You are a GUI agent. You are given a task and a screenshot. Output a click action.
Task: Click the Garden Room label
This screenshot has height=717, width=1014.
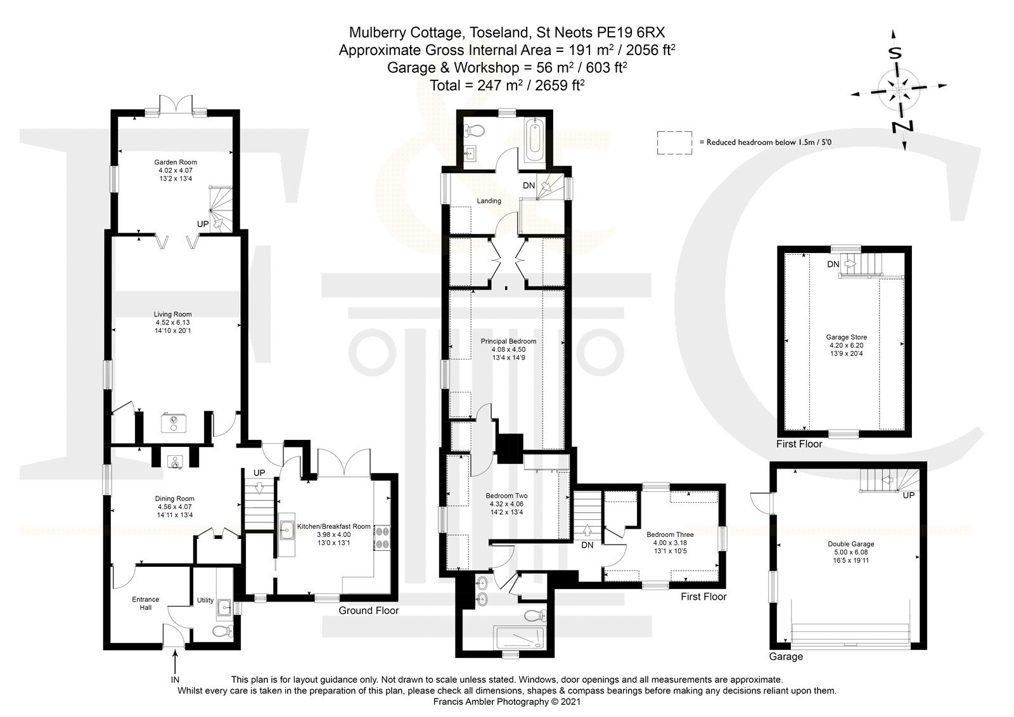point(175,162)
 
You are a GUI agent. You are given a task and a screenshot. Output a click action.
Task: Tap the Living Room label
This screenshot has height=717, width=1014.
point(172,314)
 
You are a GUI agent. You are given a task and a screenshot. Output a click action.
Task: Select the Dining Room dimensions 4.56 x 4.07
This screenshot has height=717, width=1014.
point(175,507)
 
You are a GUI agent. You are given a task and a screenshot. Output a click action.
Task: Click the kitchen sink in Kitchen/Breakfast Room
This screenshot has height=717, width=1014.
point(286,529)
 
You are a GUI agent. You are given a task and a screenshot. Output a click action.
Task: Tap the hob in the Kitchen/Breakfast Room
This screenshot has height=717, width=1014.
point(382,538)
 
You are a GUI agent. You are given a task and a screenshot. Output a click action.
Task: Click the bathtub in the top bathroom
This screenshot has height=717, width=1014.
point(534,139)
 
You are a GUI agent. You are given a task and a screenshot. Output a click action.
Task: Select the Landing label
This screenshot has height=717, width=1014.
point(489,201)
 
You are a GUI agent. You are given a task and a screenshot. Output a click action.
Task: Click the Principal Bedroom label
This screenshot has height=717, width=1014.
point(508,342)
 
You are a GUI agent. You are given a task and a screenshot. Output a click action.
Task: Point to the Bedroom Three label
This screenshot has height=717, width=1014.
point(670,534)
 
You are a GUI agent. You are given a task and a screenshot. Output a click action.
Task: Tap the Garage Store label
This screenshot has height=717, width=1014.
point(847,337)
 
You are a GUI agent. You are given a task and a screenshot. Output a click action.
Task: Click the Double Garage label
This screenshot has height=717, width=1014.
point(851,544)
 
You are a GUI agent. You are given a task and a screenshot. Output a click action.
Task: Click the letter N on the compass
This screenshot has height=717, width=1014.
point(902,127)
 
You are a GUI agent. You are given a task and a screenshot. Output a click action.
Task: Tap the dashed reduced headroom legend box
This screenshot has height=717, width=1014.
point(674,143)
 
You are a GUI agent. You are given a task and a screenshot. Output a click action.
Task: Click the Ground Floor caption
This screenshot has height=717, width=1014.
point(368,610)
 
